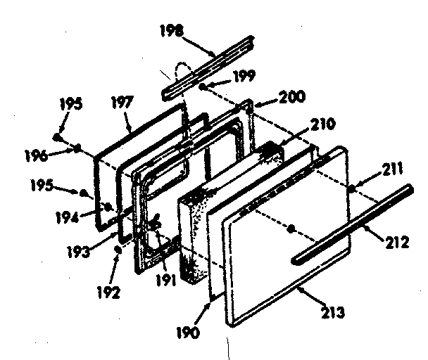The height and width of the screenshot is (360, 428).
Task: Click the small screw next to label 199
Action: pyautogui.click(x=202, y=86)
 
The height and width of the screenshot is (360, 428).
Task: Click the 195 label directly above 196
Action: pyautogui.click(x=71, y=104)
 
